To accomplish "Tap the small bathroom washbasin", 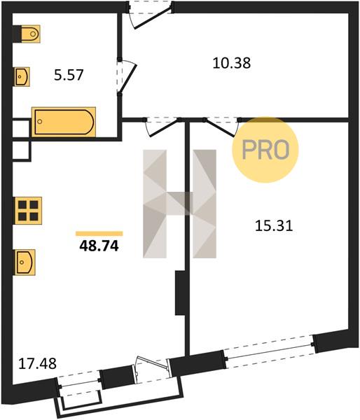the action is [22, 76].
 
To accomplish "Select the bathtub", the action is [64, 122].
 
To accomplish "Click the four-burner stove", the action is [28, 211].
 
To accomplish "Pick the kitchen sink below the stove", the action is [25, 262].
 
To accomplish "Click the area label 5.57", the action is [69, 75].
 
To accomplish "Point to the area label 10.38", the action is [232, 63].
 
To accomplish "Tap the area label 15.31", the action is [274, 226].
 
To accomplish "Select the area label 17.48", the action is [37, 364].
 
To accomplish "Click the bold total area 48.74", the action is [99, 246].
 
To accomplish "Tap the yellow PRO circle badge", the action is [265, 150].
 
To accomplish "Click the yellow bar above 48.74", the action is [99, 234].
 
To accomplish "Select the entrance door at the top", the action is [150, 15].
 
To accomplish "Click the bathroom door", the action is [127, 76].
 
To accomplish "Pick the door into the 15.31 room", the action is [222, 127].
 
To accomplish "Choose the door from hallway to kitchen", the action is [162, 127].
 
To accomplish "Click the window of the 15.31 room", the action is [269, 351].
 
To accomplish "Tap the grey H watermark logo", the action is [179, 204].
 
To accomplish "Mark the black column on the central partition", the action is [179, 293].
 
